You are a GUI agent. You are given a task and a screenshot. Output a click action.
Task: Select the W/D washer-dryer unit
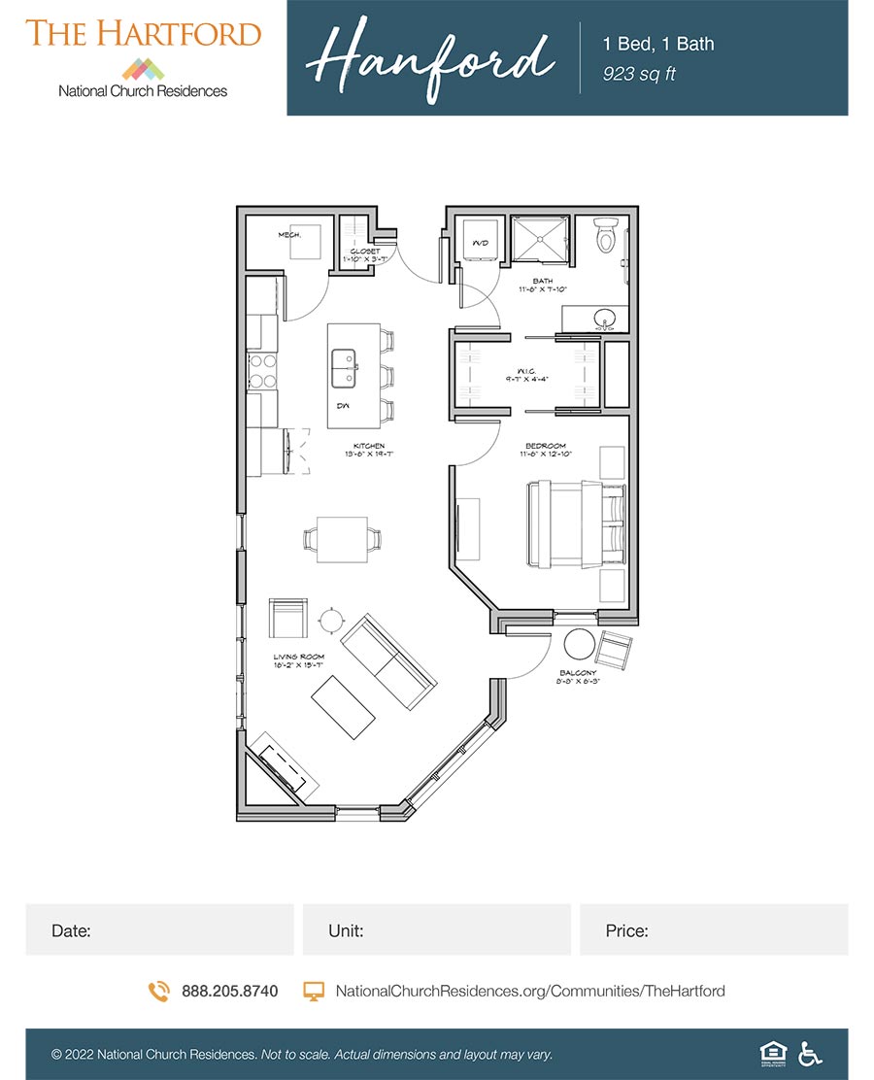(479, 241)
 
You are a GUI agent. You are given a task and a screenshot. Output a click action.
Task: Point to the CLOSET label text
(365, 252)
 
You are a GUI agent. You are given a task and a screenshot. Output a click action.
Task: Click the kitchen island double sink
(343, 367)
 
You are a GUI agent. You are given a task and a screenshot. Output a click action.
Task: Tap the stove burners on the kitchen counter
(263, 369)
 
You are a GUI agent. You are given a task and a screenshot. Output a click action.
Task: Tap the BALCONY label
(578, 673)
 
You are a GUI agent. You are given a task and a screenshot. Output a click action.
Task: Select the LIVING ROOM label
(298, 658)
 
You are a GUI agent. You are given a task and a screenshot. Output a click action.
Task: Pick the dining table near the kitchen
(342, 540)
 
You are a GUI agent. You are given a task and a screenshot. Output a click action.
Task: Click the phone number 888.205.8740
(229, 992)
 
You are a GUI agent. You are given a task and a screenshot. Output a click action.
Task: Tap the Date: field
(159, 930)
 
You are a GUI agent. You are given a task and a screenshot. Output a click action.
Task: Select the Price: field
(714, 930)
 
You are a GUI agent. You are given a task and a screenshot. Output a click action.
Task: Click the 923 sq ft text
(639, 74)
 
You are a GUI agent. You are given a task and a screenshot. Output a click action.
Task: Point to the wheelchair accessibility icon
(808, 1053)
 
